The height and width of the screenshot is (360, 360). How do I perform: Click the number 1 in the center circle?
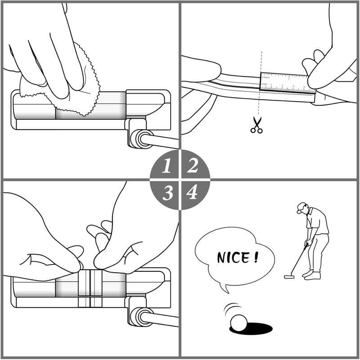coord(167,167)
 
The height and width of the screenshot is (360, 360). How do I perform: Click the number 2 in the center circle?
coord(193,166)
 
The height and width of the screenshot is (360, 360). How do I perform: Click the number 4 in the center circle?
coord(192,193)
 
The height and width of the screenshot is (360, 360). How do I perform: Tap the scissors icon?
coord(256,125)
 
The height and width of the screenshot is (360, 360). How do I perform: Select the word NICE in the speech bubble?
coord(232,258)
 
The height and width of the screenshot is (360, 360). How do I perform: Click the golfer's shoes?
coord(310,274)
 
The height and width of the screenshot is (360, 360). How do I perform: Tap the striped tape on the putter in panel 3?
coord(90,288)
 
